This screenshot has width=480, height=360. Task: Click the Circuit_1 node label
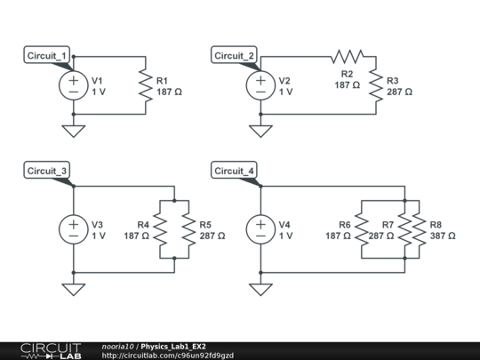pos(46,56)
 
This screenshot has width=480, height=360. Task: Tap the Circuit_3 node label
pos(46,171)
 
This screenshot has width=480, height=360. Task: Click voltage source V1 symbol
pos(72,85)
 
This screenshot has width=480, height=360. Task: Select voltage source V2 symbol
pos(260,85)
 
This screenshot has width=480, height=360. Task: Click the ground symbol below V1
pos(72,132)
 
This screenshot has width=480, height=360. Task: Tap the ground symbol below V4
pos(260,289)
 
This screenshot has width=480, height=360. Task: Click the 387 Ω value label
pos(443,236)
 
